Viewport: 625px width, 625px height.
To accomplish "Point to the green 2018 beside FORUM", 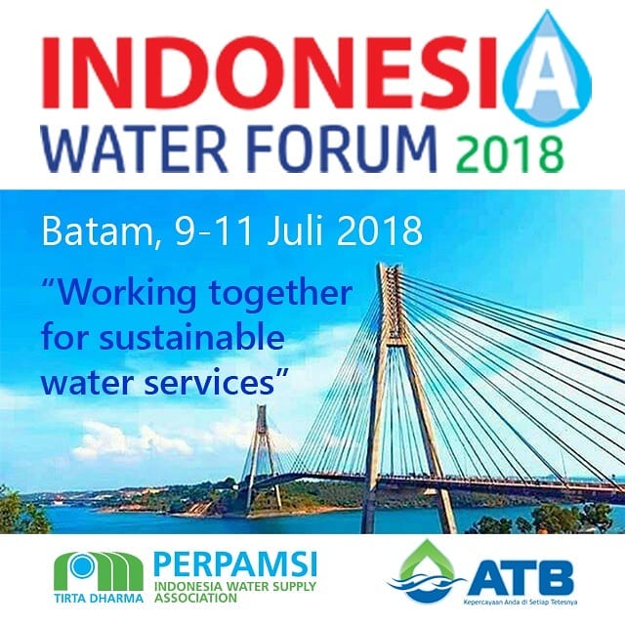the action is click(x=511, y=153).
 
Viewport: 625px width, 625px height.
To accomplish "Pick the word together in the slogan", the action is click(x=281, y=294).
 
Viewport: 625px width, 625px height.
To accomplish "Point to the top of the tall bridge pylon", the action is click(x=390, y=266).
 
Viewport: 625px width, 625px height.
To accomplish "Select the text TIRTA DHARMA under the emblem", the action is click(x=99, y=598).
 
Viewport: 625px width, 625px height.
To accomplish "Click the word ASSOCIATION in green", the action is click(x=195, y=598).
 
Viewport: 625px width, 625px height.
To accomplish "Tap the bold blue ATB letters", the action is click(x=521, y=577).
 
